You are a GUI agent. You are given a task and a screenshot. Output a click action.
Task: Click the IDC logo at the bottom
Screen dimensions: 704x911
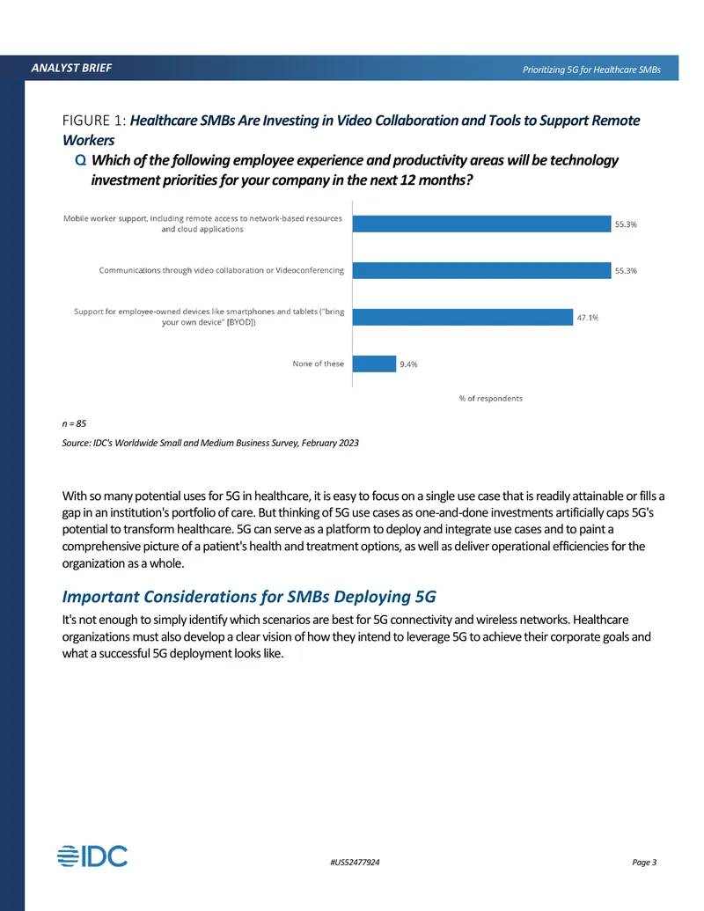click(92, 856)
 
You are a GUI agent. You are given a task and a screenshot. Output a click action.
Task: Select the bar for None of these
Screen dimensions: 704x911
click(374, 364)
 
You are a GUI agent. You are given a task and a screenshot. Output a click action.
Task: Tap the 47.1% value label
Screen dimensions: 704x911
click(587, 318)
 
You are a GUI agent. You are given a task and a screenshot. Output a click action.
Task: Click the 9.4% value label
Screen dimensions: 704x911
click(408, 364)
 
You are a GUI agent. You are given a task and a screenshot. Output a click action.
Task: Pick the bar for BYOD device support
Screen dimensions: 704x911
click(462, 317)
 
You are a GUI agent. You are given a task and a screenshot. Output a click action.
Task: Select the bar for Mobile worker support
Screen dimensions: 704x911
click(481, 224)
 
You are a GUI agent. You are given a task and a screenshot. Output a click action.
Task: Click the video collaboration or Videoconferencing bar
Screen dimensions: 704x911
click(481, 270)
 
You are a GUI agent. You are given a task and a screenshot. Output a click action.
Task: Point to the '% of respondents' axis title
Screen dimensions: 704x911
click(491, 399)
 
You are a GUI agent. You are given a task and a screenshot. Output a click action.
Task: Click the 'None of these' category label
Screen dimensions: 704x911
click(319, 364)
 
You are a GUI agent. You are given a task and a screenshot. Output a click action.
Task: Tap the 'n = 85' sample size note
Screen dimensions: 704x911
click(74, 423)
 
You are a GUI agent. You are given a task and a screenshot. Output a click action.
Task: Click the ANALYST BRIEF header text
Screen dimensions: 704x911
click(71, 68)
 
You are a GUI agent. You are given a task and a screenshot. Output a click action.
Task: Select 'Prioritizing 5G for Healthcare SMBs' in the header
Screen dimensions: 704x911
click(591, 70)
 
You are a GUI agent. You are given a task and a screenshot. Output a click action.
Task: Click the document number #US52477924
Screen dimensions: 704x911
click(355, 863)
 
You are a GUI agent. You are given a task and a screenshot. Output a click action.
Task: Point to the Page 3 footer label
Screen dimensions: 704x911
click(644, 863)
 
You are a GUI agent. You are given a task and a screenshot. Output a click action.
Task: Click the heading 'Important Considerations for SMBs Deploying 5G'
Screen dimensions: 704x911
click(249, 597)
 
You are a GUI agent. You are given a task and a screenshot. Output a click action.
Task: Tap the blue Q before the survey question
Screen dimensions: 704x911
click(81, 160)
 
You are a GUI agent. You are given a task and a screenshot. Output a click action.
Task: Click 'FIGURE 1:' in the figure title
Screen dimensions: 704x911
click(94, 121)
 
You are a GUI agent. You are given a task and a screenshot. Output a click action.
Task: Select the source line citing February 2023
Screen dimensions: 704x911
click(210, 443)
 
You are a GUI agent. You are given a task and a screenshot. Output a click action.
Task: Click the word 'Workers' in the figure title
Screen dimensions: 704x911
click(88, 140)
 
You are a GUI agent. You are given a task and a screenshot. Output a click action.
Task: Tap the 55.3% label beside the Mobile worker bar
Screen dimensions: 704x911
click(626, 224)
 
